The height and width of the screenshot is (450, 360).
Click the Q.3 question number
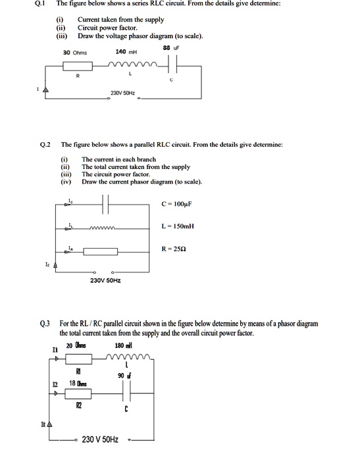(45, 324)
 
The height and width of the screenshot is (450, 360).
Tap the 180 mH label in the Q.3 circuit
(124, 345)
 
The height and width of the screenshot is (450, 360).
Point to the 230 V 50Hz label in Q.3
(100, 439)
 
